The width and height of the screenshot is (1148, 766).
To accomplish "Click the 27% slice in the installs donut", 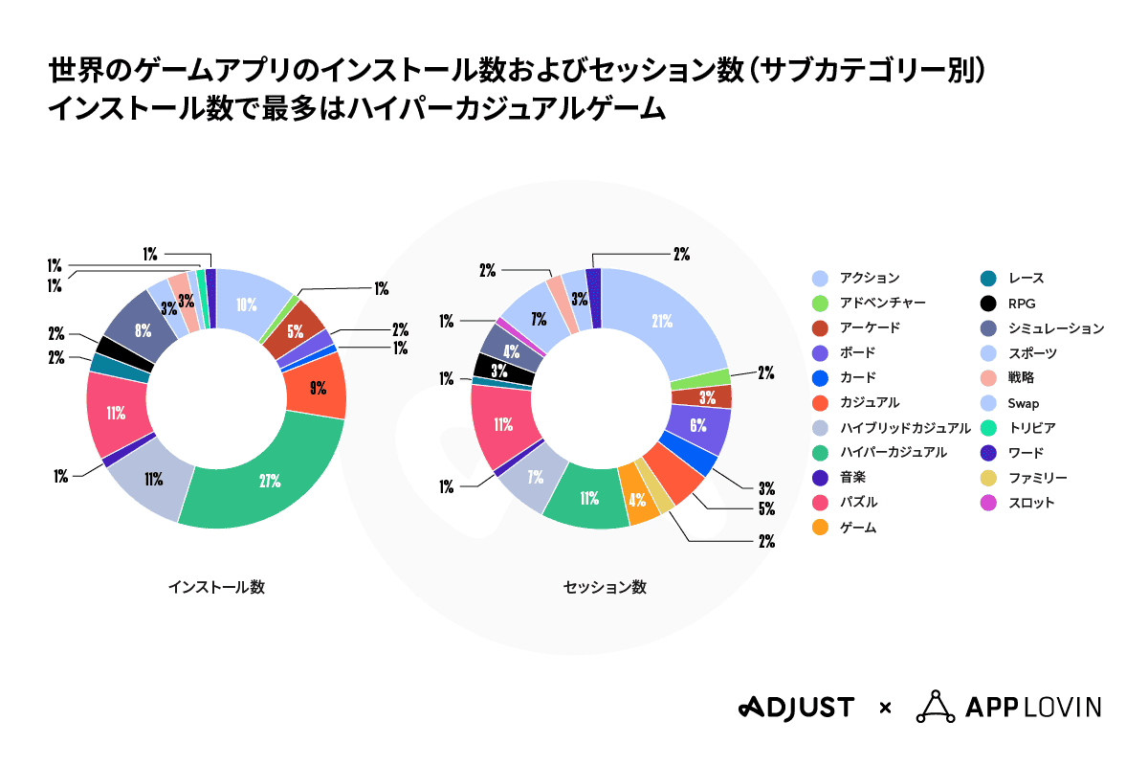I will pyautogui.click(x=270, y=482).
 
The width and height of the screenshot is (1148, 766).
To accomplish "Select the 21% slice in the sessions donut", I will pyautogui.click(x=660, y=322).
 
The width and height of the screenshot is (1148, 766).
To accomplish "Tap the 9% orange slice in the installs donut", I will pyautogui.click(x=317, y=388).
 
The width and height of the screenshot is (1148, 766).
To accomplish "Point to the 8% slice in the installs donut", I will pyautogui.click(x=142, y=331).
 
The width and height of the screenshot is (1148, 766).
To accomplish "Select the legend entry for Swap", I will pyautogui.click(x=1024, y=402).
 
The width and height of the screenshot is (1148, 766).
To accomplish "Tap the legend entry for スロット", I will pyautogui.click(x=1031, y=502).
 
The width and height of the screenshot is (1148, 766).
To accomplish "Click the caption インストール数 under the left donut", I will pyautogui.click(x=215, y=587).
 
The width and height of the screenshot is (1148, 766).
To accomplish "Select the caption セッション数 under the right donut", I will pyautogui.click(x=604, y=587).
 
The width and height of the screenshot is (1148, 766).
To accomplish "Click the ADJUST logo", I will pyautogui.click(x=795, y=708).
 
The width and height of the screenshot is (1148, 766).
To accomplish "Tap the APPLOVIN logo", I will pyautogui.click(x=1008, y=707).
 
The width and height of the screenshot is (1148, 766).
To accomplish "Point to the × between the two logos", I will pyautogui.click(x=885, y=709).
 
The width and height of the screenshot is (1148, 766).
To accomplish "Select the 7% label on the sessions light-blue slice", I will pyautogui.click(x=538, y=317).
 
